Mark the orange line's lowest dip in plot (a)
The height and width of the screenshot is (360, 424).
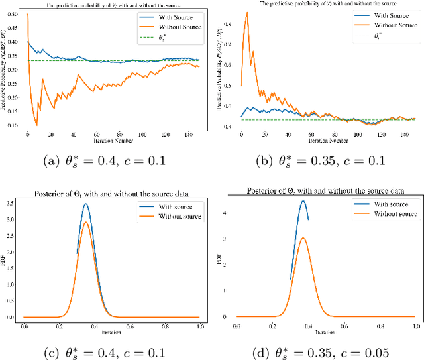click(36, 125)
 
